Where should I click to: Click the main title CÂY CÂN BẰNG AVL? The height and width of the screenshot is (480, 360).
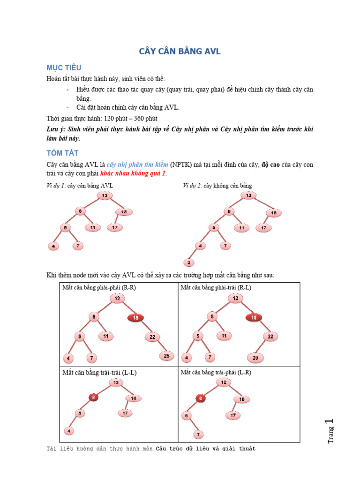click(x=180, y=52)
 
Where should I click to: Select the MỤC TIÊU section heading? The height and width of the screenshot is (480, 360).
click(x=64, y=68)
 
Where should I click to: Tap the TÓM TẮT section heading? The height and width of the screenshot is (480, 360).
click(x=62, y=153)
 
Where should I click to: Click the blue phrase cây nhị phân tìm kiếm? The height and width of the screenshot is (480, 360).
click(x=137, y=165)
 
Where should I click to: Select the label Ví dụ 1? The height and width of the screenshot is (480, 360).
click(x=56, y=186)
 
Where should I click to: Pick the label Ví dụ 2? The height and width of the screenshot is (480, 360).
click(x=192, y=186)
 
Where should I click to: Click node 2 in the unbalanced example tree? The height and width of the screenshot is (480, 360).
click(x=189, y=262)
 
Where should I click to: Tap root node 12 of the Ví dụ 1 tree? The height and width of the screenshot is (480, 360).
click(x=105, y=195)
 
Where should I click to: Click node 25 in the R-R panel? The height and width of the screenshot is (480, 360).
click(x=167, y=356)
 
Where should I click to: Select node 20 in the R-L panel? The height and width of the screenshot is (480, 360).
click(x=255, y=358)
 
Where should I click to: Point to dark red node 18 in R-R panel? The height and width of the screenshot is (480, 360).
click(x=135, y=317)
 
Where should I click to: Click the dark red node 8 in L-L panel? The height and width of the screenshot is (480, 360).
click(x=94, y=397)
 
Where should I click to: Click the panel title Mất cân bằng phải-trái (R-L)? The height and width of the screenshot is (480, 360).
click(x=216, y=287)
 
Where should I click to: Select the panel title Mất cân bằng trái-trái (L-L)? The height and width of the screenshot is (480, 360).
click(x=99, y=373)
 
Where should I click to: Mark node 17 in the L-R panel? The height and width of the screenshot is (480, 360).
click(x=232, y=415)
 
